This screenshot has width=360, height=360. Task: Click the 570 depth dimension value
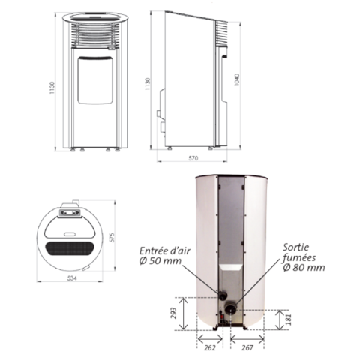(x=193, y=158)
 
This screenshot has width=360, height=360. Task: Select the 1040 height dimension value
(x=237, y=79)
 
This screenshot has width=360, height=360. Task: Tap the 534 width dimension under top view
(x=72, y=278)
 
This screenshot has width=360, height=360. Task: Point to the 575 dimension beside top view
(x=112, y=238)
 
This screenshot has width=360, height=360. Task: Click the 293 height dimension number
(x=173, y=313)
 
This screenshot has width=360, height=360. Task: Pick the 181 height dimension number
(x=288, y=319)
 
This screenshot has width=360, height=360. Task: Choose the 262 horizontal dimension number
(x=209, y=347)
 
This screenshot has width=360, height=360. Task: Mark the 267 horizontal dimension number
(x=247, y=347)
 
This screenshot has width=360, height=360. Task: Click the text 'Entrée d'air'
(x=165, y=250)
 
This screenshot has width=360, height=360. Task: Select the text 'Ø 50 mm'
(x=160, y=261)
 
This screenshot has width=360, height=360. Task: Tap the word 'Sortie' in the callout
(x=296, y=247)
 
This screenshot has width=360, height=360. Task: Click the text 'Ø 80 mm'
(x=304, y=268)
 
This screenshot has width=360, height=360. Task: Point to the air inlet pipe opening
(x=223, y=296)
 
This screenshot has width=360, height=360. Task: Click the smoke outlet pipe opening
(x=230, y=309)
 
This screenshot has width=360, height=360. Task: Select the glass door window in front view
(x=95, y=80)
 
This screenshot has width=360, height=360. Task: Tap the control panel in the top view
(x=70, y=213)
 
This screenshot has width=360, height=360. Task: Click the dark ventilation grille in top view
(x=70, y=248)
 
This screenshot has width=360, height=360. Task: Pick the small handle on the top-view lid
(x=70, y=234)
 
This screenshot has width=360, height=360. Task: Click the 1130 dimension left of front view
(x=52, y=88)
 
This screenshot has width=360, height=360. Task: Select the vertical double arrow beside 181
(x=280, y=319)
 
